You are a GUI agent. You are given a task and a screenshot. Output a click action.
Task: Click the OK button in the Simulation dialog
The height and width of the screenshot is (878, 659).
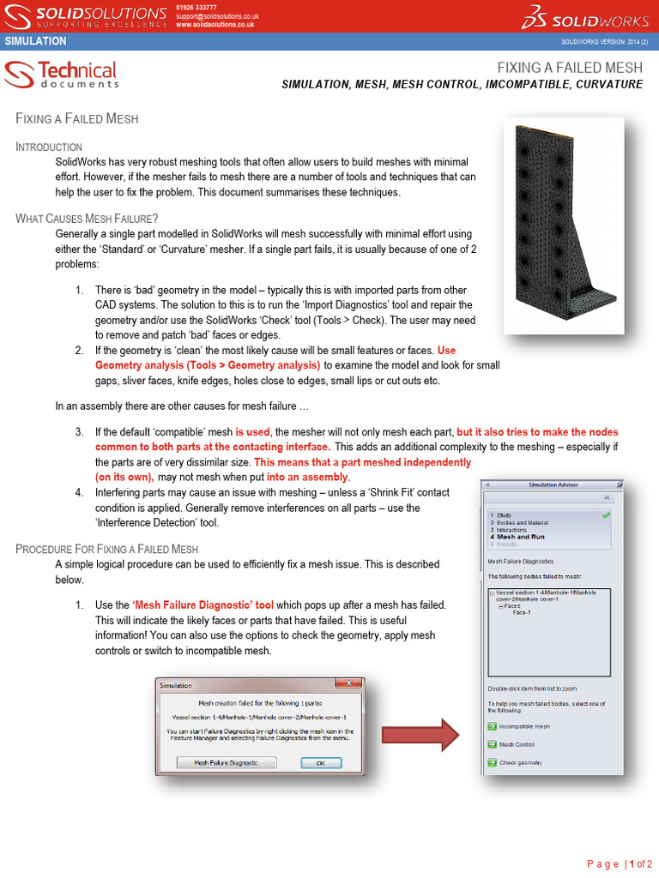320,762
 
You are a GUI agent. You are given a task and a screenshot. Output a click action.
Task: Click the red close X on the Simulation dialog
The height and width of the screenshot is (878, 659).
348,684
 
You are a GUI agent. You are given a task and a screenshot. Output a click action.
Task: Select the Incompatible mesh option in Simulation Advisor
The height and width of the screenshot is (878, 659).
523,726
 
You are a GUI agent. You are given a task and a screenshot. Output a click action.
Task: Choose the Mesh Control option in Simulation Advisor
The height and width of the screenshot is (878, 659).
517,744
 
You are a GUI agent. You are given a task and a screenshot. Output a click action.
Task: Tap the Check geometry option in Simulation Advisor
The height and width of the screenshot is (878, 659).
520,762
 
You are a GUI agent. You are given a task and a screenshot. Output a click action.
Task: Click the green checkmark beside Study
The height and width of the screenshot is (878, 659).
607,515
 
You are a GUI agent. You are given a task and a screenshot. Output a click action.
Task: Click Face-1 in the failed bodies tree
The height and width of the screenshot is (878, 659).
522,612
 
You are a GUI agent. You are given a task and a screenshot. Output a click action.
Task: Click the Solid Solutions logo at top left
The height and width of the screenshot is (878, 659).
86,16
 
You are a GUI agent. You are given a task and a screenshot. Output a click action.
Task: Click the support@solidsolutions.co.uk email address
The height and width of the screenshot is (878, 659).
218,16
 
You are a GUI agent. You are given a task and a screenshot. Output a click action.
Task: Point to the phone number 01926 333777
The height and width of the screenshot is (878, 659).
196,8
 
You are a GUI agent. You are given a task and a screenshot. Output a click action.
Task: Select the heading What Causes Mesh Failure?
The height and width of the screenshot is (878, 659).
87,219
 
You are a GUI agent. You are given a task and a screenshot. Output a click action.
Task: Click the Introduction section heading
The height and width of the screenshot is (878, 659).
49,147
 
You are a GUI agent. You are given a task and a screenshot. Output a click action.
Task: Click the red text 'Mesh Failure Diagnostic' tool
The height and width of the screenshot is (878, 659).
203,604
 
